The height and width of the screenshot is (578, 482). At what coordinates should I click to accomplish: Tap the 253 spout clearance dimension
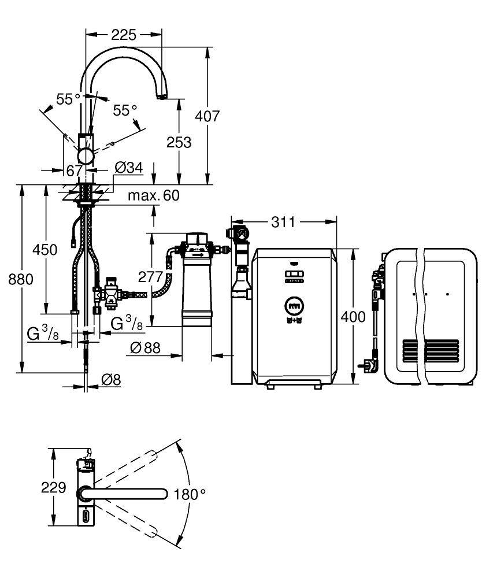[179, 142]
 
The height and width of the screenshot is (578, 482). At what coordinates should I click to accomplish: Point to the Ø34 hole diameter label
[129, 168]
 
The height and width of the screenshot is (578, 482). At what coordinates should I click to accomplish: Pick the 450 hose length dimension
[45, 250]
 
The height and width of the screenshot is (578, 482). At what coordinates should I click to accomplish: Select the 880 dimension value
[21, 279]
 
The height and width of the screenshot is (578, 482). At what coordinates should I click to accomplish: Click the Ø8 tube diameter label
[110, 379]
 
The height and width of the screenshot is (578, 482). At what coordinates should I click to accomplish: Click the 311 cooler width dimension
[284, 222]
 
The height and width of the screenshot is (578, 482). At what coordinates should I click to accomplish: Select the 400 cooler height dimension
[353, 317]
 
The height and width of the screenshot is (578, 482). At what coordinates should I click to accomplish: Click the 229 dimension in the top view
[54, 488]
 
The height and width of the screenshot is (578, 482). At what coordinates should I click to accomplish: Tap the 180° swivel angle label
[191, 494]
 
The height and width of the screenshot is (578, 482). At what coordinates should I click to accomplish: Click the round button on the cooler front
[292, 306]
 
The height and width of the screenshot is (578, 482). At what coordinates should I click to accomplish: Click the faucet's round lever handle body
[88, 156]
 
